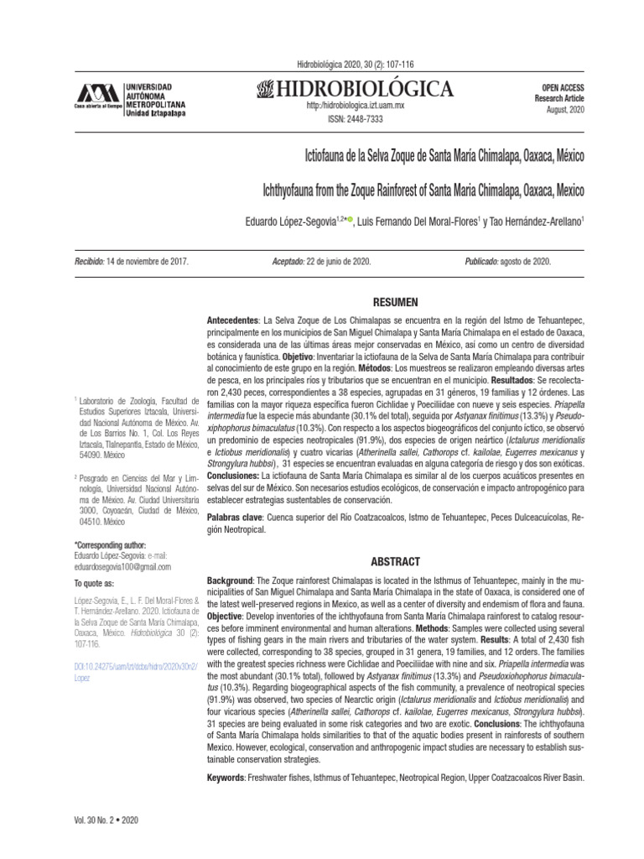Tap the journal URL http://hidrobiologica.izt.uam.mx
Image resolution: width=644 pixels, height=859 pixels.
356,106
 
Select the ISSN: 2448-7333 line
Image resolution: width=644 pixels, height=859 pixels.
356,119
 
